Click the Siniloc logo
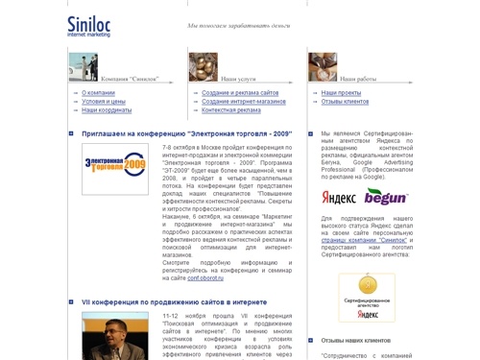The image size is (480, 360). (x=89, y=26)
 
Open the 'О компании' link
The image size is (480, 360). (x=98, y=93)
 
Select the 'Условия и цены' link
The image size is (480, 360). (x=104, y=102)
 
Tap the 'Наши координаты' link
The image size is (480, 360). (x=107, y=110)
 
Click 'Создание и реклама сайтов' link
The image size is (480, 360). (x=240, y=93)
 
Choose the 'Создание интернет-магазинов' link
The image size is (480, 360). (x=244, y=102)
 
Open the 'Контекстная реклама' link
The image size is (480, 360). (x=231, y=110)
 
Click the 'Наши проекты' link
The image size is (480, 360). (x=341, y=93)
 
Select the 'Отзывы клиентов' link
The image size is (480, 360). (x=345, y=102)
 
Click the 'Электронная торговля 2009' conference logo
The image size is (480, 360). (x=115, y=169)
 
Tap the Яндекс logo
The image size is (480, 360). (x=339, y=197)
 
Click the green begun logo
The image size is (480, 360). (x=385, y=197)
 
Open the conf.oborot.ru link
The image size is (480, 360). (x=205, y=277)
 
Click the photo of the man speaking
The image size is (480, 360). (x=115, y=335)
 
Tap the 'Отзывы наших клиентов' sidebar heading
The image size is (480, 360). (x=356, y=340)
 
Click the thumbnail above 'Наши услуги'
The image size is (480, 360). (x=203, y=66)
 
